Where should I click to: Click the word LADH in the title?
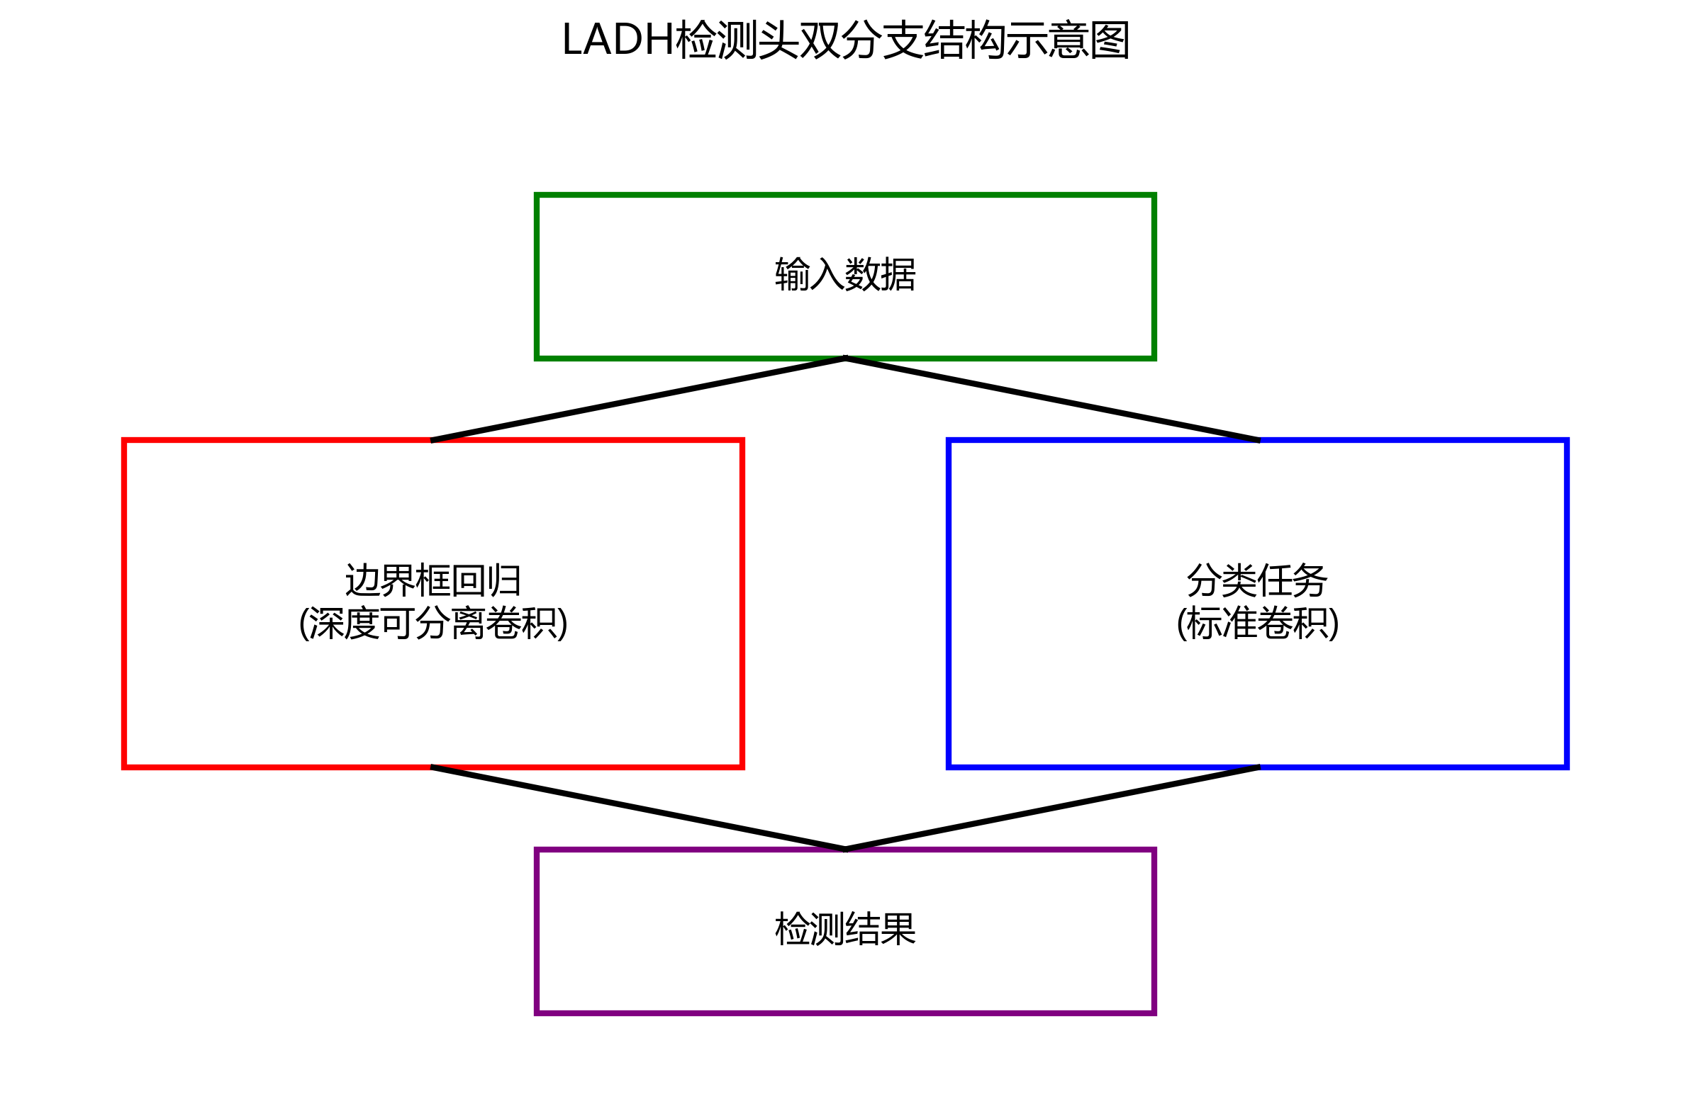coord(618,40)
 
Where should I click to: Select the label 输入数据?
coord(845,275)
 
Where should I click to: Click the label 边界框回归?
coord(433,581)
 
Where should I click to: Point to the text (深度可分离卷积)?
coord(433,624)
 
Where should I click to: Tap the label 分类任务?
coord(1256,581)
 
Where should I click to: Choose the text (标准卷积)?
coord(1257,624)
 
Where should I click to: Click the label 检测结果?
coord(845,930)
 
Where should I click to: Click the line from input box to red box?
coord(639,400)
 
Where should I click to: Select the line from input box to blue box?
coord(1052,400)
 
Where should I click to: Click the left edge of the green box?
coord(537,276)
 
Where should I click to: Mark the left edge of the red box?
coord(125,604)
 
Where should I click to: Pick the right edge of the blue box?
coord(1566,604)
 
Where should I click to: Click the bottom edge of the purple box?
coord(845,1012)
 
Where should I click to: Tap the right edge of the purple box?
coord(1154,931)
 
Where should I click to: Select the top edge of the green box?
coord(845,194)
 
